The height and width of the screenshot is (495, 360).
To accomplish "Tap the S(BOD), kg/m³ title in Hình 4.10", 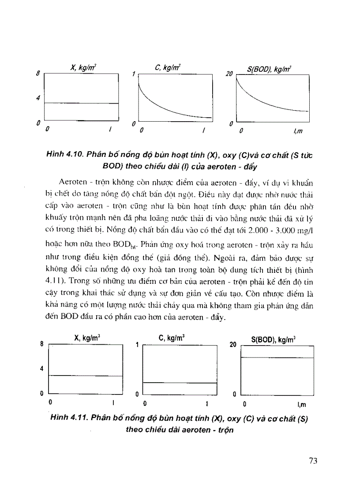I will coord(271,69).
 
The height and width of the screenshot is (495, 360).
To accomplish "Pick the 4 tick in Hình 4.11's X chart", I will coord(42,369).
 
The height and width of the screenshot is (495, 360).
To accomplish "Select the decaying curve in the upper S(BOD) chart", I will coord(265,100).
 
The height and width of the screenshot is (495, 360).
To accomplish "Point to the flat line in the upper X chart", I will coord(82,103).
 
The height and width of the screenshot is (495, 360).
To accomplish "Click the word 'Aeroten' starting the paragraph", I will coord(70,182).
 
